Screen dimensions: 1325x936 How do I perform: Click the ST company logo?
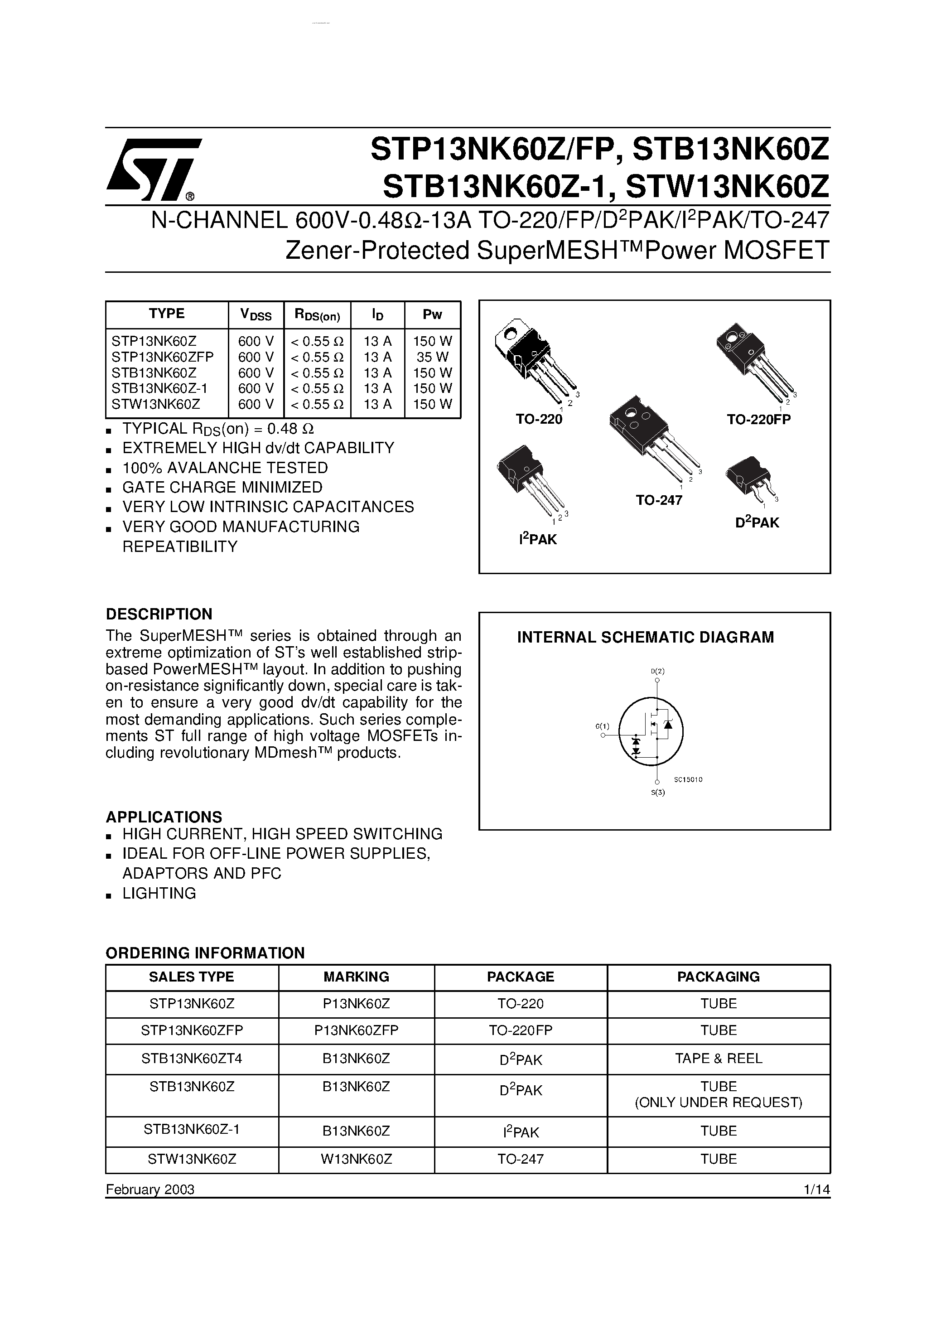(x=153, y=167)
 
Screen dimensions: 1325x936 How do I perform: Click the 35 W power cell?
(x=432, y=357)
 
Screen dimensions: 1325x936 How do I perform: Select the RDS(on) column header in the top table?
(x=318, y=315)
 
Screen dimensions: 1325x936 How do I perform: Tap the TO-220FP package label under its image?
(x=758, y=420)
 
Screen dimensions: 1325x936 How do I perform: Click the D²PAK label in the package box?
(x=757, y=522)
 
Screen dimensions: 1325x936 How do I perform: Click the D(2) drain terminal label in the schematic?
(x=657, y=671)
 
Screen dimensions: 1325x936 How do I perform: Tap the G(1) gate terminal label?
(x=602, y=726)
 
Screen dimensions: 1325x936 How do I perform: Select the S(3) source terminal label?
(x=657, y=793)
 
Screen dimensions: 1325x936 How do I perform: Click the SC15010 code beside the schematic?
(x=688, y=779)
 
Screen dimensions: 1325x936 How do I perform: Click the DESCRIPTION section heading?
(x=159, y=614)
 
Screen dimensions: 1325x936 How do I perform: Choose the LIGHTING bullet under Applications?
(x=159, y=893)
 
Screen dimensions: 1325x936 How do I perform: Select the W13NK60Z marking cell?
(x=356, y=1159)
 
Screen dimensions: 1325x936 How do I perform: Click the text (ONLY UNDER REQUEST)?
(x=719, y=1102)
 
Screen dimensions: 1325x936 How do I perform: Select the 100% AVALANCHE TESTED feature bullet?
(x=224, y=468)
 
